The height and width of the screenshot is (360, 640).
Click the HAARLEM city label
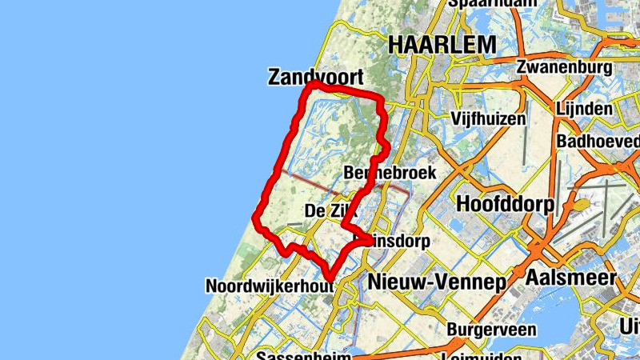click(442, 46)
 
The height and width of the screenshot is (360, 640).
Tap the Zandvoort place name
click(315, 77)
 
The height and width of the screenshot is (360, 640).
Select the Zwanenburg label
click(564, 66)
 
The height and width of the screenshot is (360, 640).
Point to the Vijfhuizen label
click(488, 119)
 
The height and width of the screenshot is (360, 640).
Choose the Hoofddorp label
click(505, 204)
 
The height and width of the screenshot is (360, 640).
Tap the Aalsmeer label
click(571, 278)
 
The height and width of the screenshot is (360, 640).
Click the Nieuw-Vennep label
click(437, 282)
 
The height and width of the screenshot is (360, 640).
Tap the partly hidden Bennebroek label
click(389, 173)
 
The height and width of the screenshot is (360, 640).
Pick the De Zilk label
click(328, 211)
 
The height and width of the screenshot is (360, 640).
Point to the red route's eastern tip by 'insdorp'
click(370, 238)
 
